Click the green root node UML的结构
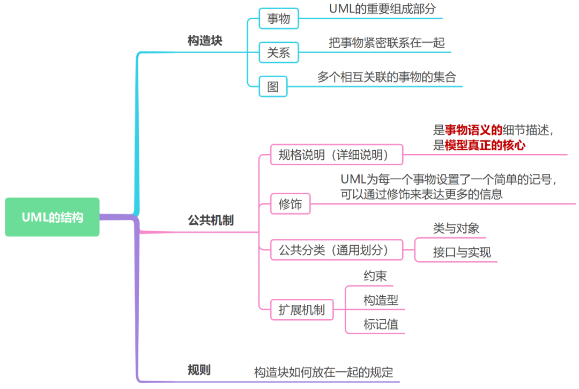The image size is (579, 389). tap(52, 217)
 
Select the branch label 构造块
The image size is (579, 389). tap(205, 41)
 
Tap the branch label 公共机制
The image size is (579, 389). tap(211, 220)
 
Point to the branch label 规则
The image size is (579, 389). tap(199, 370)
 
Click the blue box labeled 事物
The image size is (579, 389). tap(278, 19)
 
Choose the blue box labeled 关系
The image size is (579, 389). tap(278, 53)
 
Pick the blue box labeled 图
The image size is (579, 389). tap(273, 86)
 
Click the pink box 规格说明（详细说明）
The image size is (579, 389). tap(336, 155)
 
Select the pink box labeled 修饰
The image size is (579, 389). tap(290, 204)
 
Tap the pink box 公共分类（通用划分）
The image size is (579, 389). tap(336, 250)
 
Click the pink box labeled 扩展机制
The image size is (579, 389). tap(301, 310)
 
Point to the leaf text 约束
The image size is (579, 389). tap(375, 276)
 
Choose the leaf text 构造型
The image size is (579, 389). tap(381, 300)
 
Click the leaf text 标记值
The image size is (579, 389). tap(381, 324)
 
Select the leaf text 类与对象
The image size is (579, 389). tap(456, 229)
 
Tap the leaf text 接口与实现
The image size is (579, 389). tap(462, 252)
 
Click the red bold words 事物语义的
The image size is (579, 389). tap(473, 130)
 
